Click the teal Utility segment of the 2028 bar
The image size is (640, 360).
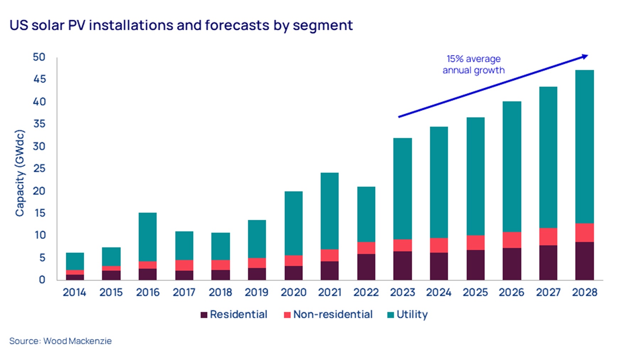[584, 146]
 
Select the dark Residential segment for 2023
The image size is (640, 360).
[402, 265]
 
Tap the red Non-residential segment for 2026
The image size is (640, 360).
[512, 240]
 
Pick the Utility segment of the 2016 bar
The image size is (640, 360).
[148, 237]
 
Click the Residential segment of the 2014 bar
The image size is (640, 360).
[75, 277]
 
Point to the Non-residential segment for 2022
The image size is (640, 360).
[366, 248]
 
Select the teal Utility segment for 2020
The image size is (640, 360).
[293, 223]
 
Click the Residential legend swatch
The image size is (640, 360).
[204, 315]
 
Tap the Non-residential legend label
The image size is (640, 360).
[333, 314]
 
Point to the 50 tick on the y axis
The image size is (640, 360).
[39, 57]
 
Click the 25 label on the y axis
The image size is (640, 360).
[39, 168]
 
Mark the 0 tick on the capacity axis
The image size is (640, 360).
[42, 280]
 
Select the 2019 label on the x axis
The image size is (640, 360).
[256, 292]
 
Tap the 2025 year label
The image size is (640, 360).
[475, 292]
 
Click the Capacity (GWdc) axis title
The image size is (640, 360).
[20, 173]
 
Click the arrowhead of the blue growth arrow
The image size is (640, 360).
[585, 56]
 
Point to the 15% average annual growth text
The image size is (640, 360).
[473, 64]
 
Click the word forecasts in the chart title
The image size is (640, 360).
[237, 25]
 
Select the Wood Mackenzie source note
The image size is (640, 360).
[60, 341]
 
